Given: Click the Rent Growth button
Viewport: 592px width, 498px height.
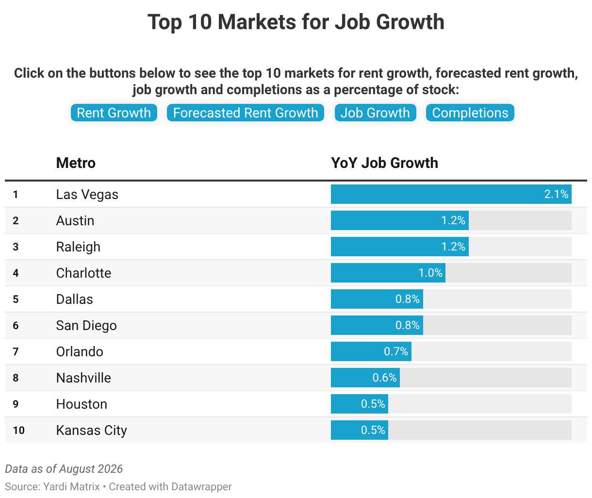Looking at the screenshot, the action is [x=114, y=113].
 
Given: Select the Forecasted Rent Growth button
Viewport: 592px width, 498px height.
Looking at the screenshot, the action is [x=245, y=113].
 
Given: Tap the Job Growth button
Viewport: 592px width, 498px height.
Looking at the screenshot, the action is [x=375, y=113].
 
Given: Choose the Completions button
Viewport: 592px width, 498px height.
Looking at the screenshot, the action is [x=470, y=113].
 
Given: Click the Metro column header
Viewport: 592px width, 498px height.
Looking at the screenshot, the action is [x=76, y=163].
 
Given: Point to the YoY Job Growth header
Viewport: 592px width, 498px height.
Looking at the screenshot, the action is [x=384, y=163].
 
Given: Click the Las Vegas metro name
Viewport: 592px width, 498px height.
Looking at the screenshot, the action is [x=87, y=195].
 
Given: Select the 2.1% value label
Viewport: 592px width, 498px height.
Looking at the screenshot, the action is [x=556, y=194].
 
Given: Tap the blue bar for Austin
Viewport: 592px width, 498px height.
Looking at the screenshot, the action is [x=400, y=220].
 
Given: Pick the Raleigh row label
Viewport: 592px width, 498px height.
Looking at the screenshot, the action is [x=78, y=247].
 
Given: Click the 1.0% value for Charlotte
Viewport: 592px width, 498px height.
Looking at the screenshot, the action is [x=430, y=273].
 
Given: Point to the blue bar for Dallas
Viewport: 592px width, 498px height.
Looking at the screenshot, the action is [x=377, y=299].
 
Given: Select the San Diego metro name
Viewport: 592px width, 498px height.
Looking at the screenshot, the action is [x=86, y=326].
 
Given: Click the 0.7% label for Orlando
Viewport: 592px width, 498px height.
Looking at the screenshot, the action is [x=396, y=351].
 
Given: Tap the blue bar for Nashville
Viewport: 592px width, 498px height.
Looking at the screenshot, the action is [x=365, y=378].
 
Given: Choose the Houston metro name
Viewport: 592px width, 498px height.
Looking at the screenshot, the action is [x=82, y=404].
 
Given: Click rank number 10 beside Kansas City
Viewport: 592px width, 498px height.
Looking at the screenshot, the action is [x=19, y=430].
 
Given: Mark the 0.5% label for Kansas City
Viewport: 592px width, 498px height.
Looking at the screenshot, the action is [x=373, y=430].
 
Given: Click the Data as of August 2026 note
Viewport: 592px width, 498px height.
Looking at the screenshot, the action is [x=64, y=469].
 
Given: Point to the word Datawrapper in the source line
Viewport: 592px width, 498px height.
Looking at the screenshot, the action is [x=201, y=486].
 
